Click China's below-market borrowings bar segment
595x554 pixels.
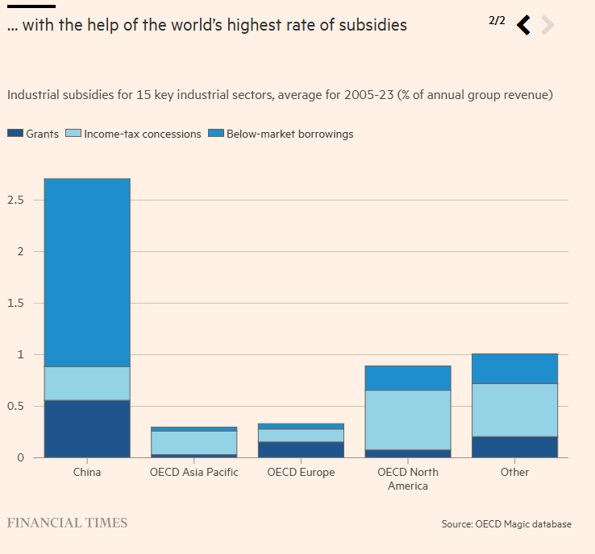point(87,272)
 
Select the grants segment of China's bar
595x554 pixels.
point(87,428)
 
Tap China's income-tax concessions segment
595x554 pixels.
point(87,383)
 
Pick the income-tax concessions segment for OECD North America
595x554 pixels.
point(408,420)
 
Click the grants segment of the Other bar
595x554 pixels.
point(514,447)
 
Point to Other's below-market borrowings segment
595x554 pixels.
point(514,369)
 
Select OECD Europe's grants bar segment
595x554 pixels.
point(301,449)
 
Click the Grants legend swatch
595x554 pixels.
point(15,134)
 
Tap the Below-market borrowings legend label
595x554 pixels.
point(289,134)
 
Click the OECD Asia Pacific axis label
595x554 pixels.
point(194,472)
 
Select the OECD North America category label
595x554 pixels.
point(408,478)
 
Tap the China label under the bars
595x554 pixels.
point(87,472)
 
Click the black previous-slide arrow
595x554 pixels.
point(524,25)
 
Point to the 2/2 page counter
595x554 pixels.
point(497,20)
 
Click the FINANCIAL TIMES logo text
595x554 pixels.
point(67,523)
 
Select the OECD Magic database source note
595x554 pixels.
point(506,524)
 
